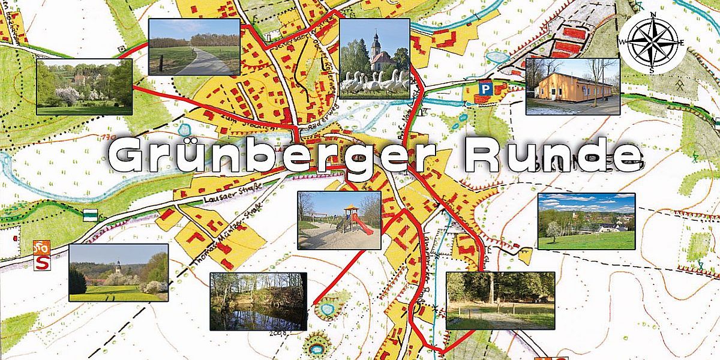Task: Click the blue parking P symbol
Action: [484, 88]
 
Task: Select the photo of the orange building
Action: [572, 86]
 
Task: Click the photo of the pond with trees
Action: [258, 301]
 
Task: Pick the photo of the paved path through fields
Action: [194, 47]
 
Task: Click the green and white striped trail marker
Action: [90, 214]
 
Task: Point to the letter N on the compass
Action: [654, 14]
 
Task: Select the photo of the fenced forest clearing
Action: [500, 301]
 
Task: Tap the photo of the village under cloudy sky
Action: [586, 221]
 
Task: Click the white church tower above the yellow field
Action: [118, 266]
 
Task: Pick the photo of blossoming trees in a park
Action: [84, 86]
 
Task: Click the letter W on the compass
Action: [624, 41]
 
